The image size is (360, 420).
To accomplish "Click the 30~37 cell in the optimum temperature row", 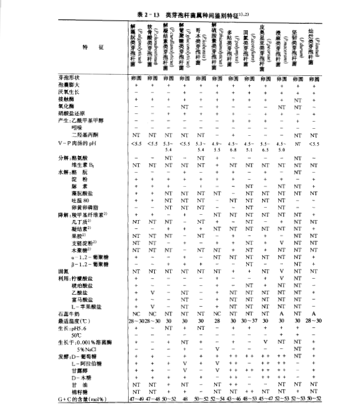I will pyautogui.click(x=250, y=320).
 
